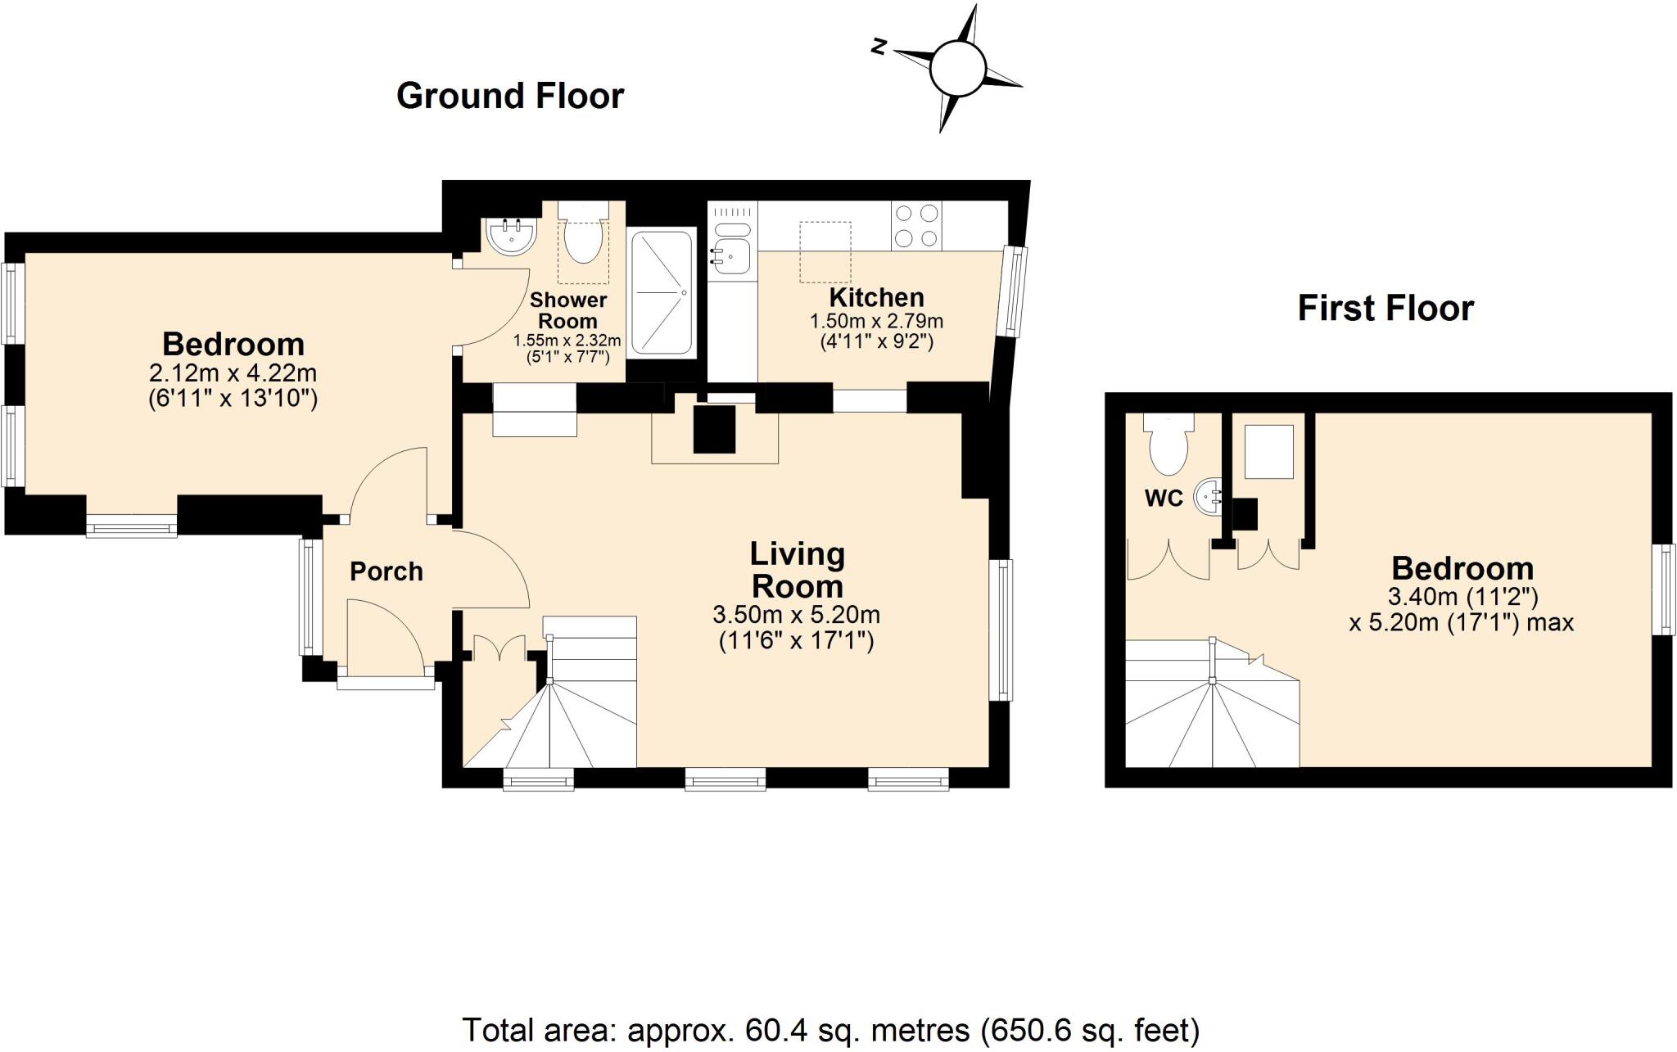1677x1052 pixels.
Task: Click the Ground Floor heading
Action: (509, 96)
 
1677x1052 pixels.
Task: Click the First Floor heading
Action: (1385, 309)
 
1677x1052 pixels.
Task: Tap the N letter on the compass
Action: (879, 47)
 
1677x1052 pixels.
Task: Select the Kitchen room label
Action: (876, 297)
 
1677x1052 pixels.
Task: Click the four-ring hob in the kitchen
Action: (916, 226)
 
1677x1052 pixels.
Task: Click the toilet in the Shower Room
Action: (583, 238)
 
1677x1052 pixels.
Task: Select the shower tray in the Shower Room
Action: (662, 292)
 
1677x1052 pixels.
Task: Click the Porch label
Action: (386, 571)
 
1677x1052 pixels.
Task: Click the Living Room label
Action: (797, 571)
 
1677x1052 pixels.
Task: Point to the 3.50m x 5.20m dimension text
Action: (796, 614)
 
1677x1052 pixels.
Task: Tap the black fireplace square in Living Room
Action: (714, 428)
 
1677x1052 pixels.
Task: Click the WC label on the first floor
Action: (1164, 498)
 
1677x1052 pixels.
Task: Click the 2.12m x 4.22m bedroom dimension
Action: (233, 373)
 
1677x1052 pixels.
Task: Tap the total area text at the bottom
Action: (830, 1029)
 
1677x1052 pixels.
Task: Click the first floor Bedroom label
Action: (1462, 568)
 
